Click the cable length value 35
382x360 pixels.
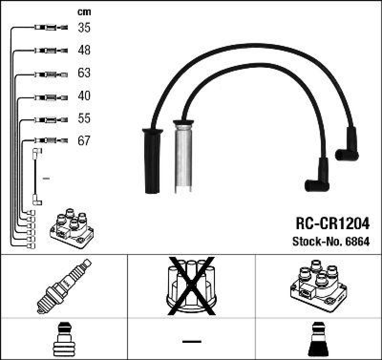click(84, 28)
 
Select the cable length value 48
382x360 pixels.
click(84, 50)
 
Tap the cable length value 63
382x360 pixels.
click(84, 73)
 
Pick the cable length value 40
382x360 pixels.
click(84, 96)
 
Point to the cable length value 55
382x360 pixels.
click(84, 118)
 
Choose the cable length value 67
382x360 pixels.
click(84, 141)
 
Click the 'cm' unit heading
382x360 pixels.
click(84, 12)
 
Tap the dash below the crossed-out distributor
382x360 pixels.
click(191, 340)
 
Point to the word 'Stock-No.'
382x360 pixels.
click(314, 241)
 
